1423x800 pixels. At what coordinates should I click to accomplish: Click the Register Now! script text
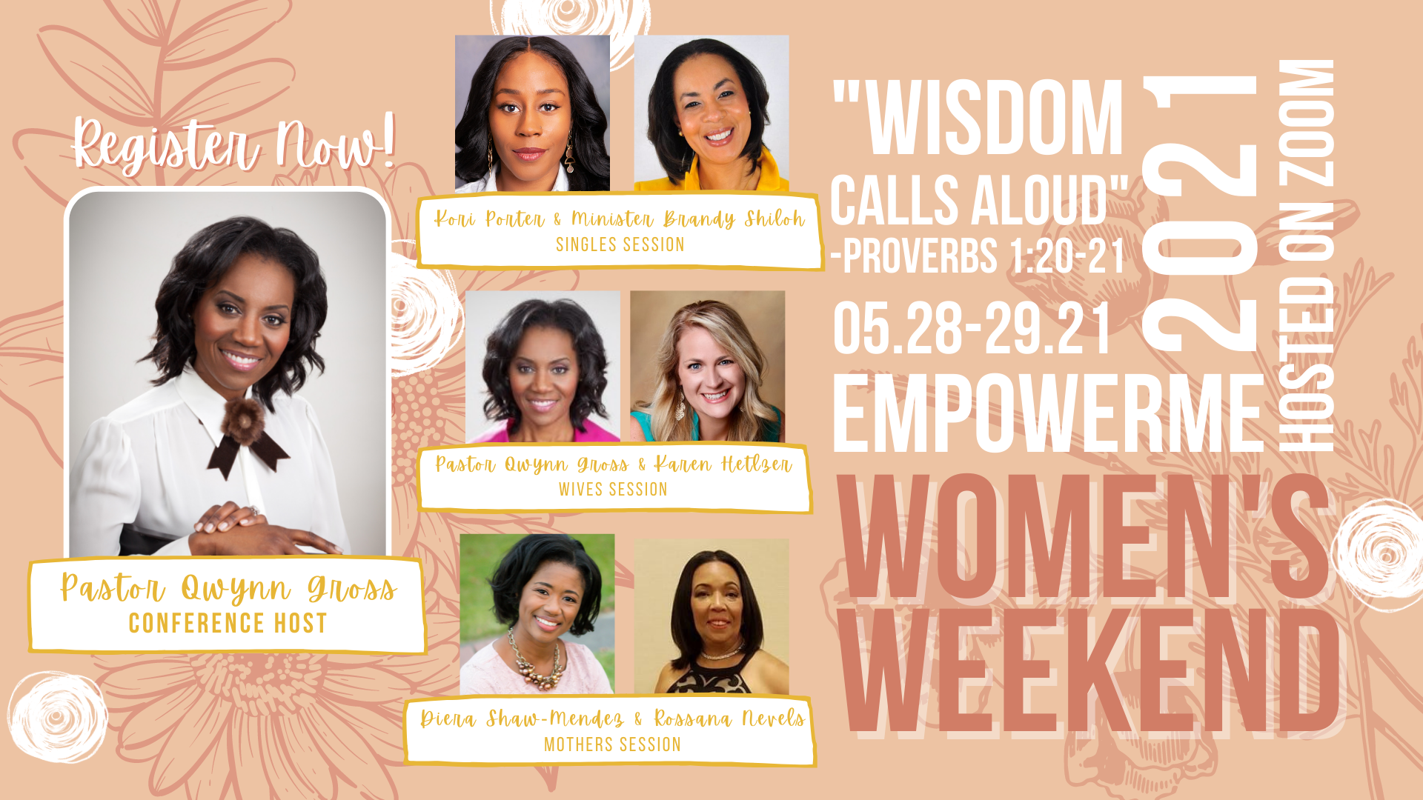233,144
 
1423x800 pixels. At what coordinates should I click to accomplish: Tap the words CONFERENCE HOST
228,623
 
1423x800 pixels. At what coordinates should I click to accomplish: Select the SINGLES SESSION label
620,244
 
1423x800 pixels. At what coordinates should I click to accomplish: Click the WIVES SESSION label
613,489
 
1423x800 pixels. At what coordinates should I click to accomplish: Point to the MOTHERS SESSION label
612,744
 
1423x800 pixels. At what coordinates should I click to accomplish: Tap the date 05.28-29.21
972,327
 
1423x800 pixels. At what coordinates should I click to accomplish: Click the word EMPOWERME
1048,413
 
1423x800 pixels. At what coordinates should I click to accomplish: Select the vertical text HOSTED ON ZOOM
1306,255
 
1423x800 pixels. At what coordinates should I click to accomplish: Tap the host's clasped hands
263,529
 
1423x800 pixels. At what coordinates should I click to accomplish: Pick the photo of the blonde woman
707,367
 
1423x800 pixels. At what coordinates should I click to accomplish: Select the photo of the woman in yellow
711,113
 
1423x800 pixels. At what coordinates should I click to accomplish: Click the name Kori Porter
489,219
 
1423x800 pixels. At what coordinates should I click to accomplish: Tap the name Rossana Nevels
729,719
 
